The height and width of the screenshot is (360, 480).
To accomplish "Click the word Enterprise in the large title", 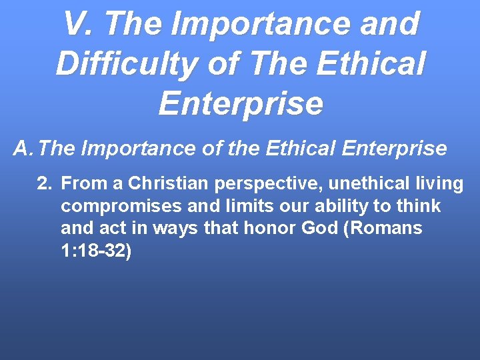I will click(241, 104).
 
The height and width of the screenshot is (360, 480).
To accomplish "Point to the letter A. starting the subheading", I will click(25, 148).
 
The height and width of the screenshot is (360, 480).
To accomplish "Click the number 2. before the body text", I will click(44, 183).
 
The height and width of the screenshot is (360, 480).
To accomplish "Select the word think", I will click(419, 205).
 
